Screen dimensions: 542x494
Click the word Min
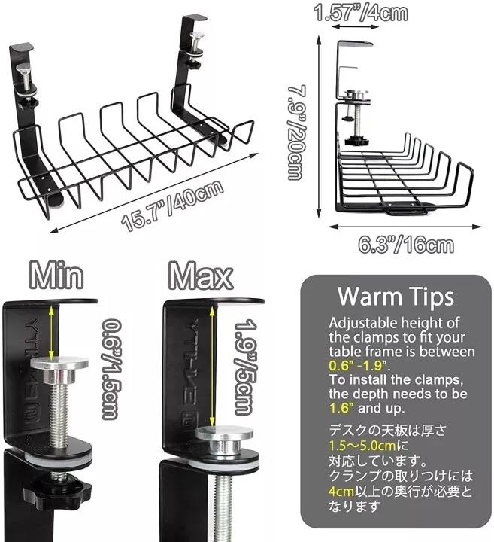click(x=54, y=276)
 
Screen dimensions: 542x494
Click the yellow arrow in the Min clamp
click(x=50, y=330)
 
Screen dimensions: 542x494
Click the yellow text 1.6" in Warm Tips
click(x=341, y=408)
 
